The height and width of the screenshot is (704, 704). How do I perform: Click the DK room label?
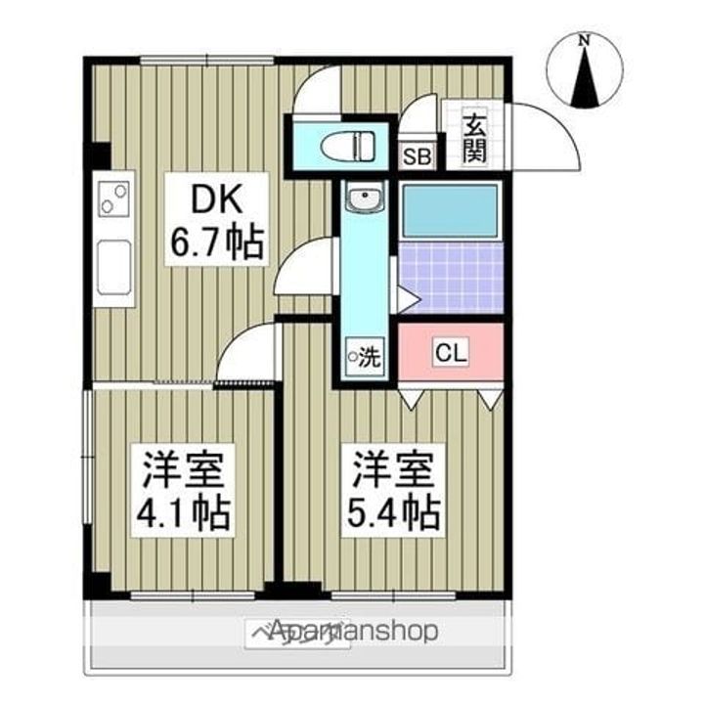coord(214,200)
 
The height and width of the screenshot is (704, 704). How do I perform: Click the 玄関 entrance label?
coord(474,138)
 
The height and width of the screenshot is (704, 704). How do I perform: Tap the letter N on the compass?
coord(584,41)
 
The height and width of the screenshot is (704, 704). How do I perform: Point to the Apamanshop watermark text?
coord(352,631)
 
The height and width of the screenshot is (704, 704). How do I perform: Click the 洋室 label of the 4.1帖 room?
coord(184,468)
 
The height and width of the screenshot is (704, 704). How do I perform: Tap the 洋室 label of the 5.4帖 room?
coord(388,466)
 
